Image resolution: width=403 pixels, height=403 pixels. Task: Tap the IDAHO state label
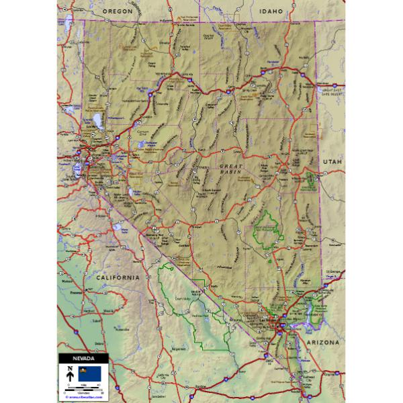click(x=271, y=11)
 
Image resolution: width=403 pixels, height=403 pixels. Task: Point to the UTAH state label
click(x=332, y=162)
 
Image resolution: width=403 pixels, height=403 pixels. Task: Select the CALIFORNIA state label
click(x=117, y=277)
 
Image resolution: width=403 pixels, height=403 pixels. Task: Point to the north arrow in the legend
click(x=69, y=372)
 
